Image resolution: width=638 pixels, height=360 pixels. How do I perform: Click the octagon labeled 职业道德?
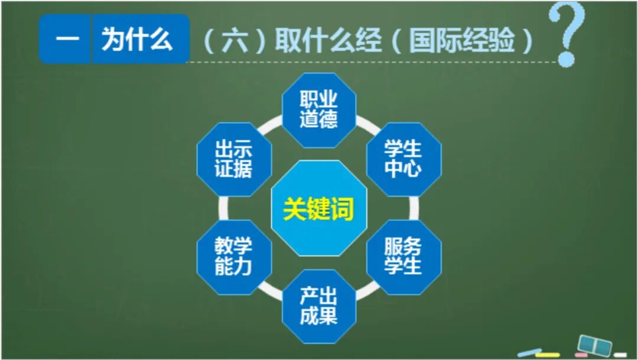point(318,110)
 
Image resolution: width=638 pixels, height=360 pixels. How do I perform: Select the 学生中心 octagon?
point(403,159)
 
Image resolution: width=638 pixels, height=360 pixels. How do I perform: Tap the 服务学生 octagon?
point(403,257)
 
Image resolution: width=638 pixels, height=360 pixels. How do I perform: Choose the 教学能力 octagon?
point(234,257)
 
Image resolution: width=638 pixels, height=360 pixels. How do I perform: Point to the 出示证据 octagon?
point(234,159)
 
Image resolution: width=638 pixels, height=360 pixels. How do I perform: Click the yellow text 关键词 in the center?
point(318,209)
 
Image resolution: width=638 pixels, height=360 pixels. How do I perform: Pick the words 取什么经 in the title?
point(328,41)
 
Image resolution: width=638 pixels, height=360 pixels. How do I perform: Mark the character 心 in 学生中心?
point(413,169)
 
